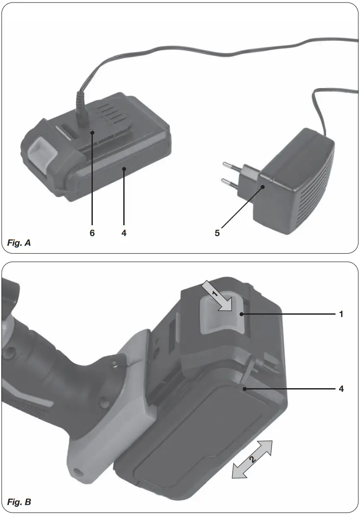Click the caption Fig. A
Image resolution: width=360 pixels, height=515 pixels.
point(19,243)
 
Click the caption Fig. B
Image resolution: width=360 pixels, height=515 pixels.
point(19,502)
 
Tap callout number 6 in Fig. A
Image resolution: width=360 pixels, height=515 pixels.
point(92,233)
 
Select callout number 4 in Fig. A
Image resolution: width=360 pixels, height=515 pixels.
point(124,233)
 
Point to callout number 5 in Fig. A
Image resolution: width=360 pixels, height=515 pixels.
point(217,233)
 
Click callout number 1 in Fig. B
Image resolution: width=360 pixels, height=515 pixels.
point(341,314)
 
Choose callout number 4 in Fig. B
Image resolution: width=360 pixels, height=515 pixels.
point(341,389)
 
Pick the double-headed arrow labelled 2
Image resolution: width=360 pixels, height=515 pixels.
point(252,459)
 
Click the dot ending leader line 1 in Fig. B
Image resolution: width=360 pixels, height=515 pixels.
point(243,314)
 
